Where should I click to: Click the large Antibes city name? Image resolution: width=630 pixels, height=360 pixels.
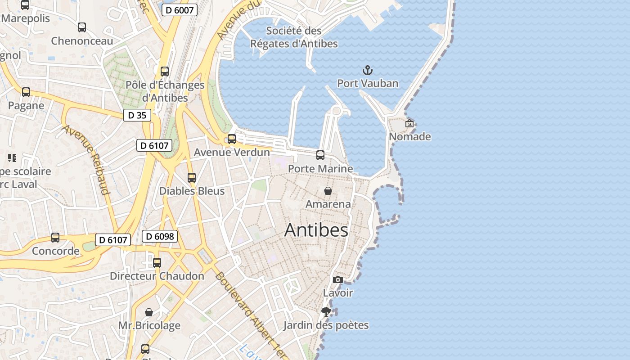click(x=316, y=230)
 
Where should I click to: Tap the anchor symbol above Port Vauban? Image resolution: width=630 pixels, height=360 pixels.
click(x=368, y=70)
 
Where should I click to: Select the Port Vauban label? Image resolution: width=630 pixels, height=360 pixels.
click(x=368, y=83)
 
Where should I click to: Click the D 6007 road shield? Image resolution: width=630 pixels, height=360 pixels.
click(x=180, y=10)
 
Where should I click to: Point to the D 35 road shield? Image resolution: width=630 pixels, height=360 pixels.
click(x=137, y=115)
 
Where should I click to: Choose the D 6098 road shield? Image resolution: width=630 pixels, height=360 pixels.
click(x=160, y=236)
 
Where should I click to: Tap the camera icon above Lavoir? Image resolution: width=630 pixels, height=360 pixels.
click(x=338, y=280)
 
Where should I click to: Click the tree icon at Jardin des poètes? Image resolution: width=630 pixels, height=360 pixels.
click(x=326, y=312)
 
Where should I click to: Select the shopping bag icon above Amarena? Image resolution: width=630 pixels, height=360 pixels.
click(x=328, y=191)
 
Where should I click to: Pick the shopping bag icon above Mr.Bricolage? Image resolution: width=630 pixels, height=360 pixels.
click(x=149, y=312)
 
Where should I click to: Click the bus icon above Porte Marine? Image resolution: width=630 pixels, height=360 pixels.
click(x=320, y=155)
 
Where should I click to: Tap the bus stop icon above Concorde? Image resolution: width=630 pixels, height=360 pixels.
click(x=55, y=238)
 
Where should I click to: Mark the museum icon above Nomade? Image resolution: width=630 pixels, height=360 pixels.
click(x=409, y=123)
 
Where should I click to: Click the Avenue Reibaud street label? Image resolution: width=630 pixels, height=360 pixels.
click(x=86, y=160)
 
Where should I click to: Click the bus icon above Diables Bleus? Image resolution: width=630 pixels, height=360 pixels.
click(x=192, y=178)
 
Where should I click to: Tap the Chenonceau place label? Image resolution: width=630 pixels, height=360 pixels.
click(x=82, y=41)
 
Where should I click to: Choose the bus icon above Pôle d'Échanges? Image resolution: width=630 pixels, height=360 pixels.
click(x=165, y=72)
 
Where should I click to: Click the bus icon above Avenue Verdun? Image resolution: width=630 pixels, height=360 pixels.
click(x=232, y=139)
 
